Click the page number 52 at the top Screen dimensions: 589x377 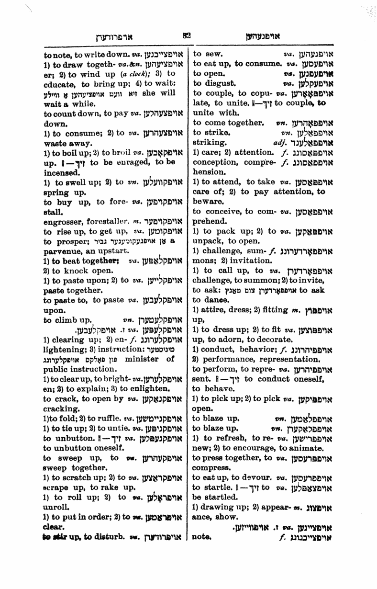(187, 35)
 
